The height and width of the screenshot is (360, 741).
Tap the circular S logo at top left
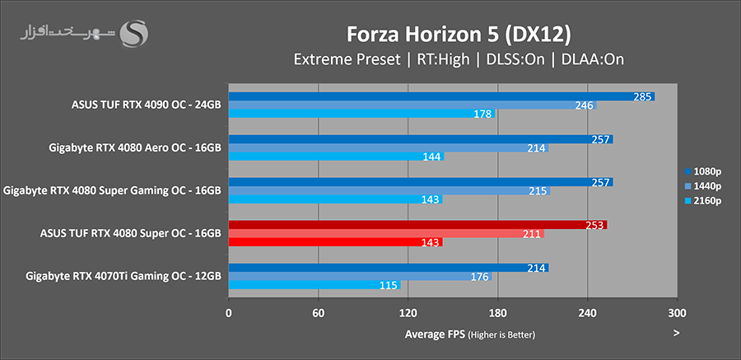coord(134,34)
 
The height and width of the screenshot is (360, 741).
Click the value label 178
coord(483,114)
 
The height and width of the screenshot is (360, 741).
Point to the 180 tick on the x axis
coord(497,313)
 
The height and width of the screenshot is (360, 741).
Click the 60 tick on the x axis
coord(318,313)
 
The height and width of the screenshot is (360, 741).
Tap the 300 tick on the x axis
coord(676,313)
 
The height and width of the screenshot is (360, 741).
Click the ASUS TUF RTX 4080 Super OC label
coord(130,233)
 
